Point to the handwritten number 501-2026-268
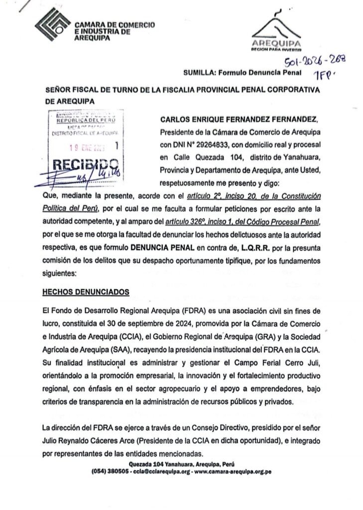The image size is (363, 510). [314, 62]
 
